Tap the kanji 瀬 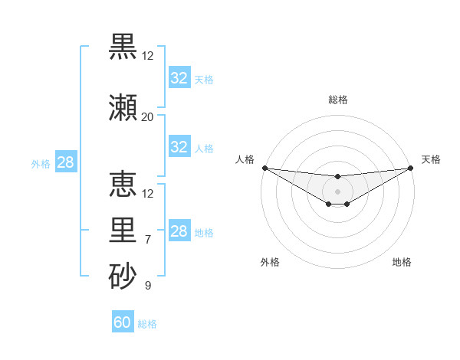click(123, 107)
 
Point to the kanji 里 click(123, 231)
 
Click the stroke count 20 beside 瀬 click(147, 116)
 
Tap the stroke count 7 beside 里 click(147, 240)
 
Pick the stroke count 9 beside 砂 click(147, 286)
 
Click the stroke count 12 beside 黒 click(147, 55)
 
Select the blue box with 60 click(123, 322)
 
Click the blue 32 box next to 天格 click(179, 78)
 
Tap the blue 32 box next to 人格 click(179, 147)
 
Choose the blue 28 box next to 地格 click(179, 231)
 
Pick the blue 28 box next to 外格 click(65, 162)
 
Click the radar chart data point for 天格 click(410, 168)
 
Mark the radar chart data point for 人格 click(264, 168)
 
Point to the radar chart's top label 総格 click(337, 100)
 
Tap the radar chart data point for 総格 click(337, 177)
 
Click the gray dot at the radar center click(337, 191)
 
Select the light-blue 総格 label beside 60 click(147, 324)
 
